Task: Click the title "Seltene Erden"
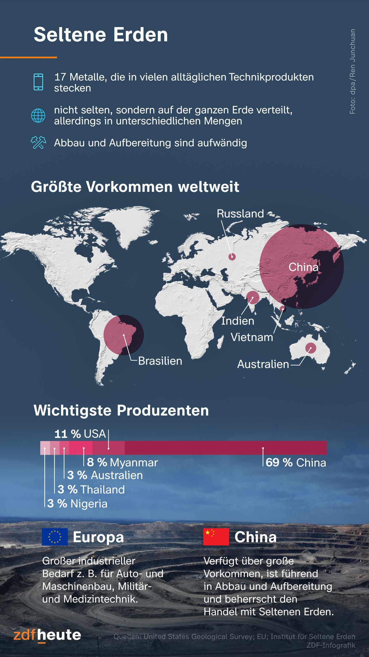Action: click(x=101, y=35)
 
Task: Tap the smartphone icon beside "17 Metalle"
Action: click(x=38, y=82)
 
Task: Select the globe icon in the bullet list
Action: click(x=38, y=116)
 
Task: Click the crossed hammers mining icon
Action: click(x=38, y=142)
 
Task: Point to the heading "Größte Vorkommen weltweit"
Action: click(x=135, y=187)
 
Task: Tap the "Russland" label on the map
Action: click(x=240, y=214)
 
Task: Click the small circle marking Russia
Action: click(x=232, y=256)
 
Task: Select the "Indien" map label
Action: click(x=238, y=321)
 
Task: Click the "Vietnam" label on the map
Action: click(x=252, y=337)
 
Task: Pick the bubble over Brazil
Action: click(x=124, y=335)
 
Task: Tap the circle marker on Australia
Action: click(x=310, y=348)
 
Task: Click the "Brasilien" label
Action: click(x=160, y=361)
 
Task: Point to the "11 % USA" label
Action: click(x=80, y=434)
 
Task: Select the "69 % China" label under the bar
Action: click(x=296, y=463)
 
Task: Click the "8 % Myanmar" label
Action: click(x=122, y=463)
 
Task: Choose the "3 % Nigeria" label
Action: click(x=77, y=504)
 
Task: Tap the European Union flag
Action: click(x=55, y=537)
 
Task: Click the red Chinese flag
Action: click(x=216, y=537)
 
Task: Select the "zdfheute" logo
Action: click(x=47, y=635)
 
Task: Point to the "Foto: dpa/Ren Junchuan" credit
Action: click(x=352, y=72)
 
